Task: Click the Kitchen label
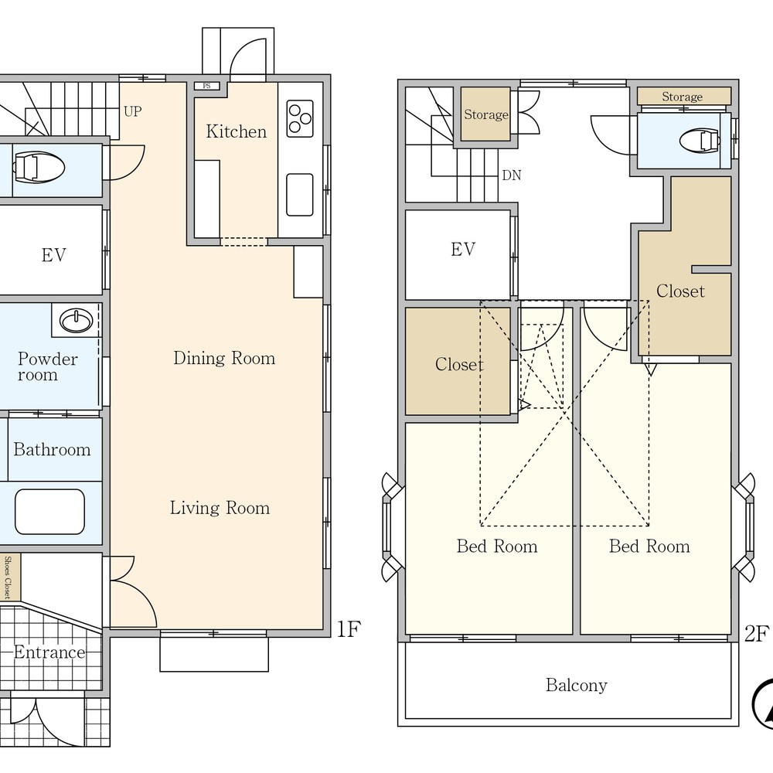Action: coord(236,131)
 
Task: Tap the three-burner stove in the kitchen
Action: coord(300,119)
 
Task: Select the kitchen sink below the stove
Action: coord(300,195)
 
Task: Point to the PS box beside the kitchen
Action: coord(206,86)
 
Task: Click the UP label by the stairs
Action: coord(133,111)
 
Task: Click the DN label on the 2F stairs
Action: coord(511,175)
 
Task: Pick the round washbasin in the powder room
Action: coord(76,321)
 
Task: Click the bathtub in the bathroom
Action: coord(49,512)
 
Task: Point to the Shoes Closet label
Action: coord(8,577)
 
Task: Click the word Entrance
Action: coord(49,652)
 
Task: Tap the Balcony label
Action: coord(577,685)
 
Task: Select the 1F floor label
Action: coord(349,628)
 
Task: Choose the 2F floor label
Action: coord(756,634)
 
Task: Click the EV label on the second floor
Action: coord(463,250)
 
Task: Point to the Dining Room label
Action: coord(224,358)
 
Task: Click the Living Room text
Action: coord(220,508)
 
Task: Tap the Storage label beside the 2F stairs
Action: coord(486,114)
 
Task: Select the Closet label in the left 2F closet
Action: coord(459,364)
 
